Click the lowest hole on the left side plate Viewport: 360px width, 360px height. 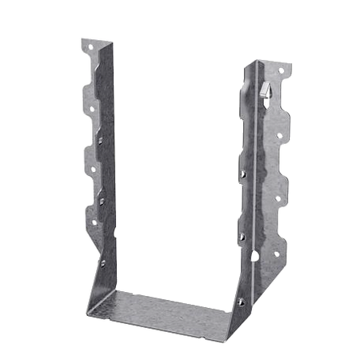coord(102,219)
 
